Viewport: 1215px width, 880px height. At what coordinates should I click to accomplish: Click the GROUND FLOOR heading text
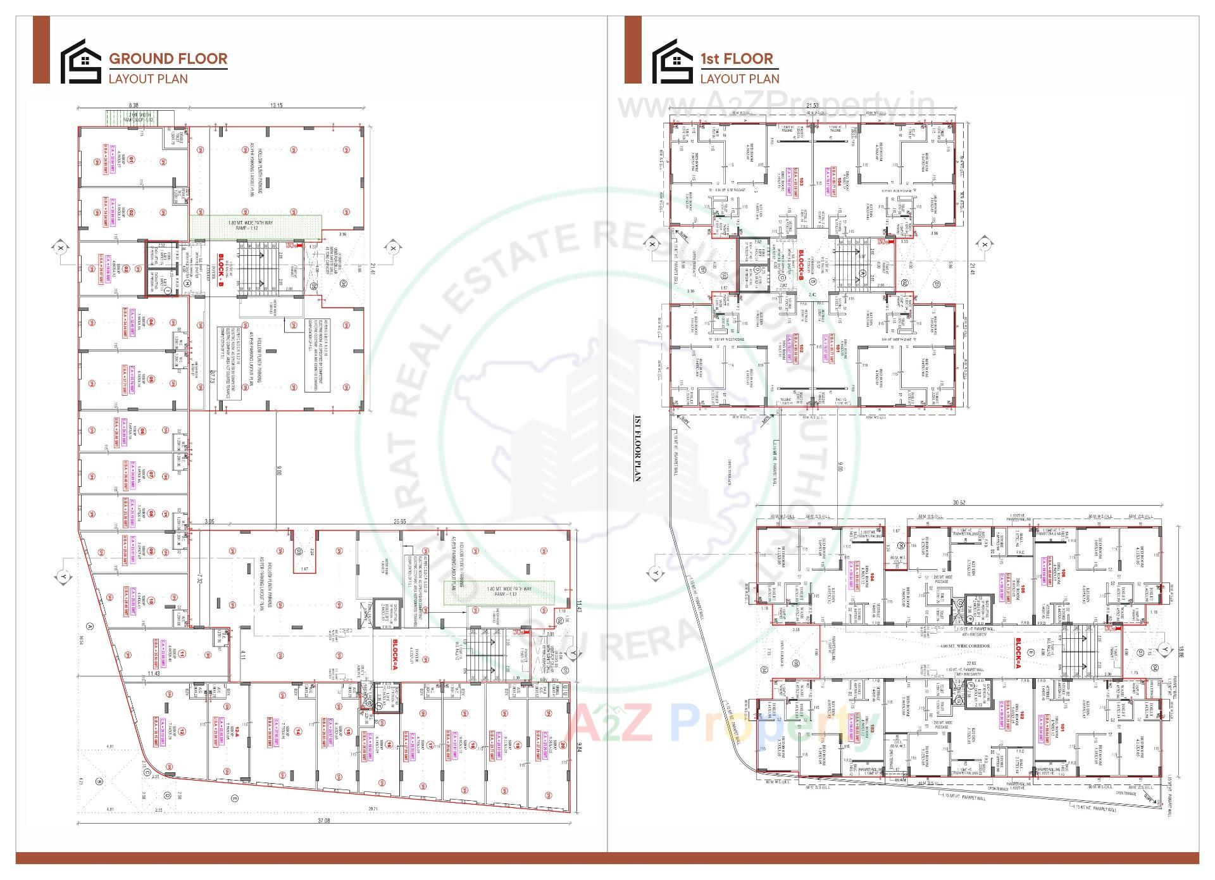168,59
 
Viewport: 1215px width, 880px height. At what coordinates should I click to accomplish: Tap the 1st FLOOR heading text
736,59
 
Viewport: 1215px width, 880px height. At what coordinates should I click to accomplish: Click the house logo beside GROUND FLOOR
80,61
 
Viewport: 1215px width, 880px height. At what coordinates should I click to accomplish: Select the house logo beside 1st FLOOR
672,61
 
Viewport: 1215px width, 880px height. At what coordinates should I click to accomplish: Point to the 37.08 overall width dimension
323,820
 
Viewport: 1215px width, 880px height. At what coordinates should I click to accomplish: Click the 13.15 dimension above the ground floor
277,106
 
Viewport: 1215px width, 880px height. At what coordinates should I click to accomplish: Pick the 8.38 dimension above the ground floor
134,106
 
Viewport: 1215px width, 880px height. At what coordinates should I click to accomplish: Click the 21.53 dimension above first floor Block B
813,106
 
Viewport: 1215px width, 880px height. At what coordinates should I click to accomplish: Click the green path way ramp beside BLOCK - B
256,226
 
